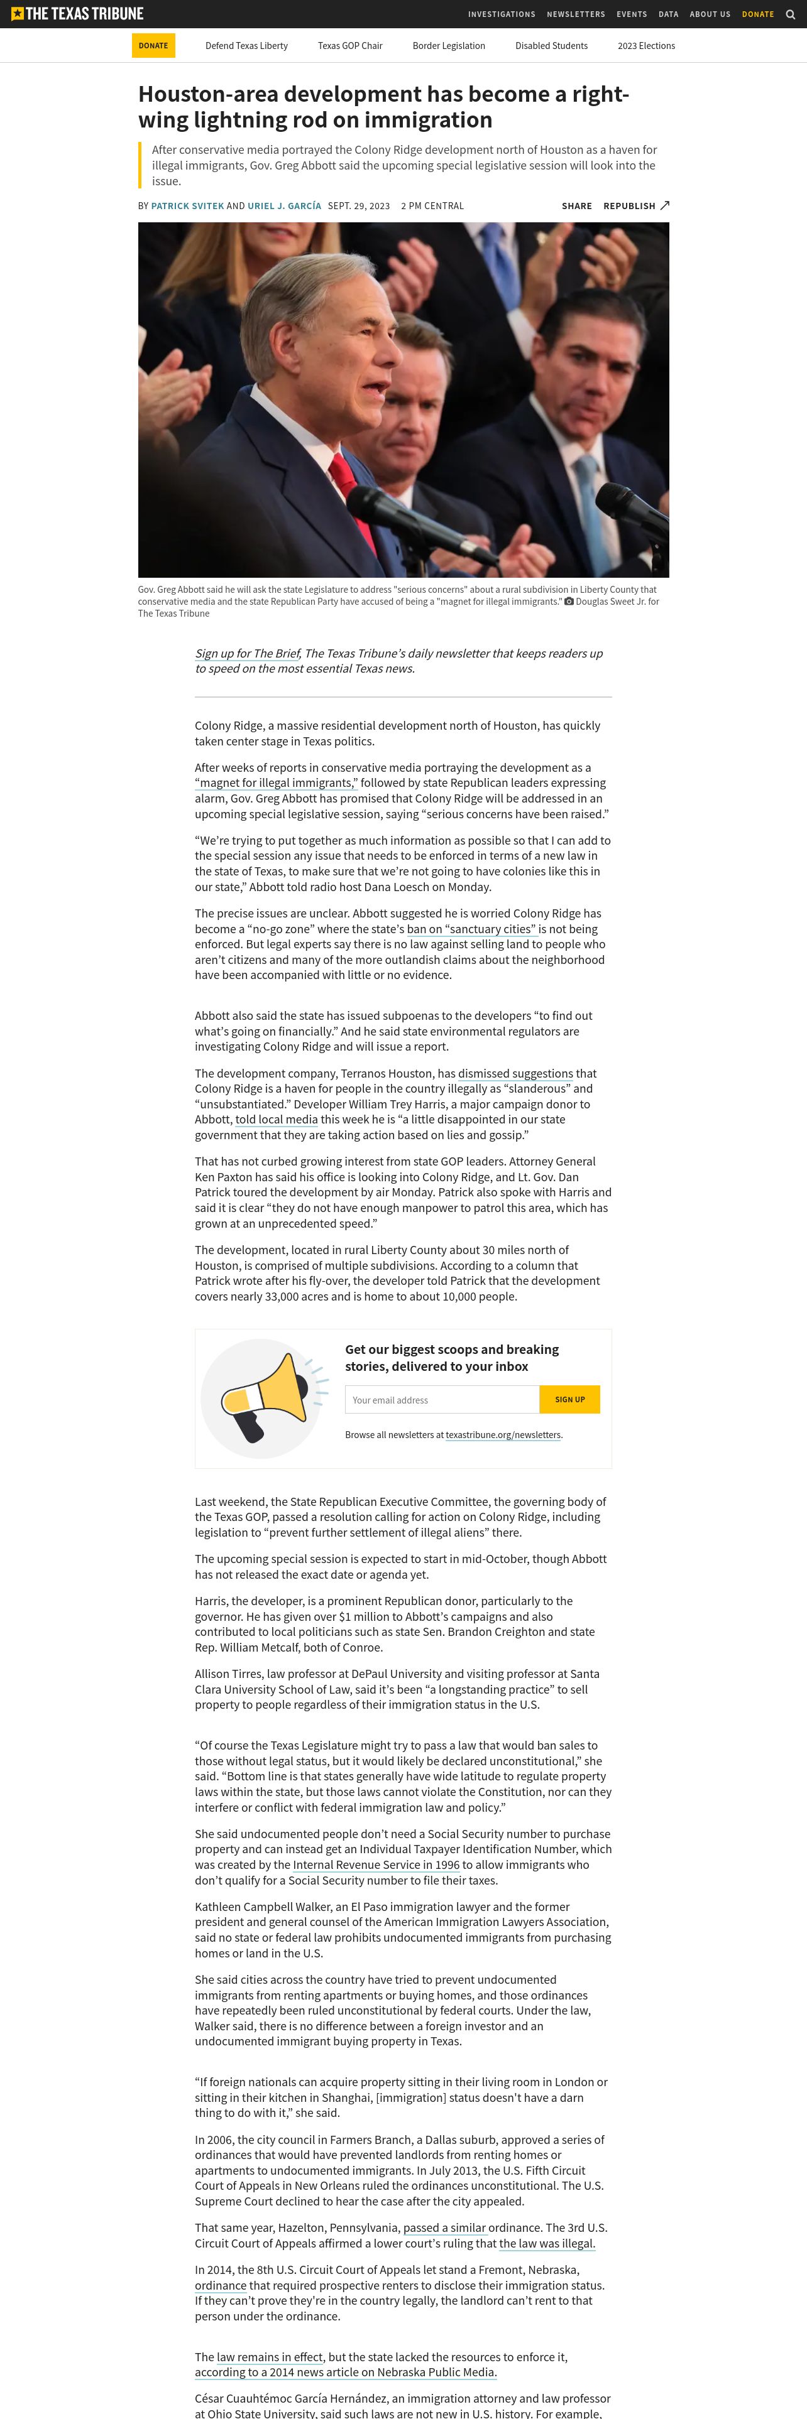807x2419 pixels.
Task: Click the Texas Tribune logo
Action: [77, 14]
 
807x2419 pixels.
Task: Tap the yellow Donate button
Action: [153, 46]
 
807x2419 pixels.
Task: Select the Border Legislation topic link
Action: [448, 46]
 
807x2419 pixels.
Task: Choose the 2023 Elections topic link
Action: [645, 46]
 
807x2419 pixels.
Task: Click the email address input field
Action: [442, 1399]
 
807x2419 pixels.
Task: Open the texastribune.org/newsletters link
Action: [503, 1435]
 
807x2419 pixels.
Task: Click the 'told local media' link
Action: [276, 1119]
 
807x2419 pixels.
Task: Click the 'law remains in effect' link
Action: [270, 2356]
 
